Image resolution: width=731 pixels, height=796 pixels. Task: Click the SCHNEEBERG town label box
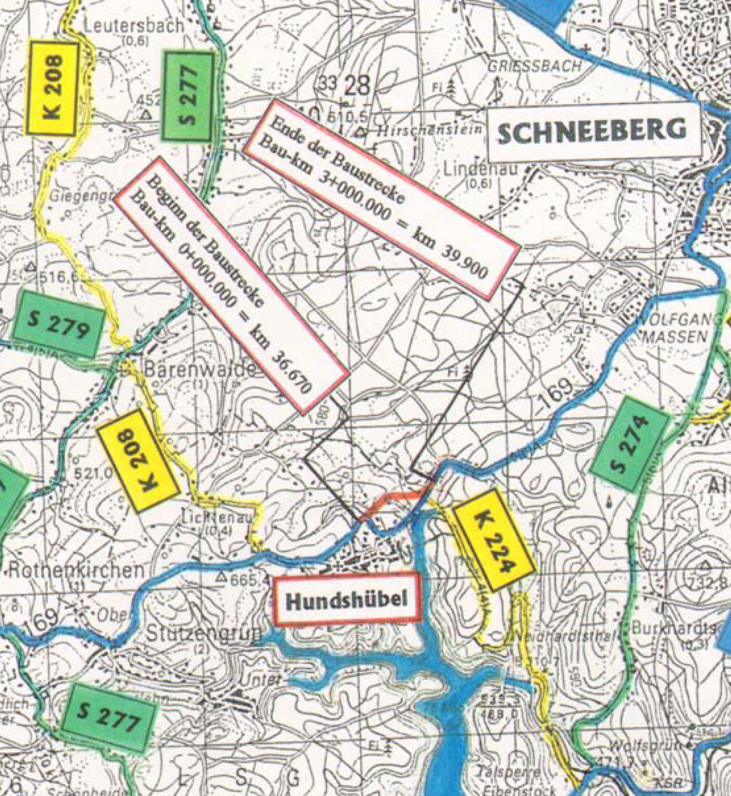591,132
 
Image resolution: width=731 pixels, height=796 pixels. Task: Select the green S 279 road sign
59,324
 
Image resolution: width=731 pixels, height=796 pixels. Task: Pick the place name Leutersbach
134,26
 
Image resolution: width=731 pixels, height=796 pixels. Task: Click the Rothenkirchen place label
75,570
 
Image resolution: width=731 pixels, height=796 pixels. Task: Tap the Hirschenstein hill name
429,130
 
